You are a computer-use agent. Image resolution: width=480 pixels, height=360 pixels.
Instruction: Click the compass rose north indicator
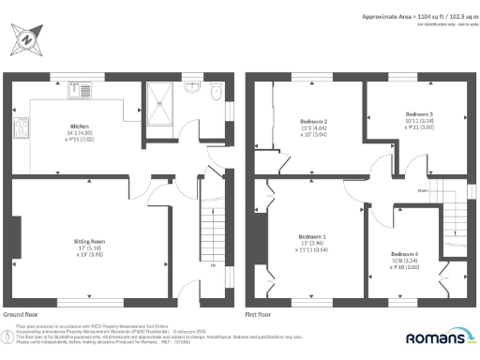click(x=27, y=40)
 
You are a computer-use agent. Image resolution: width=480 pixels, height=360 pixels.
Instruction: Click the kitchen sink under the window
click(x=75, y=90)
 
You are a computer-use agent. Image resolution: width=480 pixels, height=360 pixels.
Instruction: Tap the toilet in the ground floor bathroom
click(x=215, y=94)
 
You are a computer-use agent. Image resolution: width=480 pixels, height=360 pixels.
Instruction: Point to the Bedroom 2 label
click(x=312, y=122)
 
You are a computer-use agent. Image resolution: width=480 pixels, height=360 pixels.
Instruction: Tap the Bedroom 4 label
click(x=404, y=254)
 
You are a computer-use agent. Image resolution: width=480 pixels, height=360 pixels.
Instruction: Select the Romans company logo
click(x=437, y=337)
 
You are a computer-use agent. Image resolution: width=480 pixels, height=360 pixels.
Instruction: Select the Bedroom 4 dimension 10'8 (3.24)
click(x=404, y=261)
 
